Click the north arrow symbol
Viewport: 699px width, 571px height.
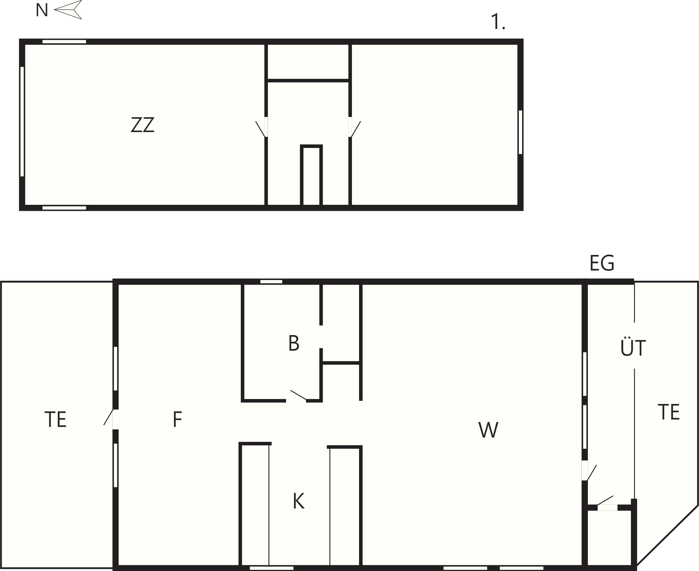pos(68,10)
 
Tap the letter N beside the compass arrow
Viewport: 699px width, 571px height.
pos(42,10)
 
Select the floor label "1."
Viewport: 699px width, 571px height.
pos(498,22)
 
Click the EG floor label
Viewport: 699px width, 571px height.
pos(602,263)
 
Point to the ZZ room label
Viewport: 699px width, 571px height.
pos(143,125)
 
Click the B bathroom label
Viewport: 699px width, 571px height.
pos(294,343)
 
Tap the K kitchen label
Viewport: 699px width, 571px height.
pos(298,501)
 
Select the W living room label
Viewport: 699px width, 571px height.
pos(488,430)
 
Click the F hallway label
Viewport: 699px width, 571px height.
pos(177,420)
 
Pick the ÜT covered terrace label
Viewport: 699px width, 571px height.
pos(633,347)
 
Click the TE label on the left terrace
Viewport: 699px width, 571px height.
pos(55,420)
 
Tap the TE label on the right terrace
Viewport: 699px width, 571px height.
pos(669,412)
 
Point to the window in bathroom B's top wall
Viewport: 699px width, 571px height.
pos(271,281)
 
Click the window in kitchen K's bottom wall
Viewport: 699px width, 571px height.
pos(272,568)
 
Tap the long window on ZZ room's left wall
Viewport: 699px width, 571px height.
pos(22,121)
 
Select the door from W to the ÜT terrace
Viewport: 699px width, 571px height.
pos(589,471)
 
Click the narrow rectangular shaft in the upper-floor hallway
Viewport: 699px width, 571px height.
pos(311,176)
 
